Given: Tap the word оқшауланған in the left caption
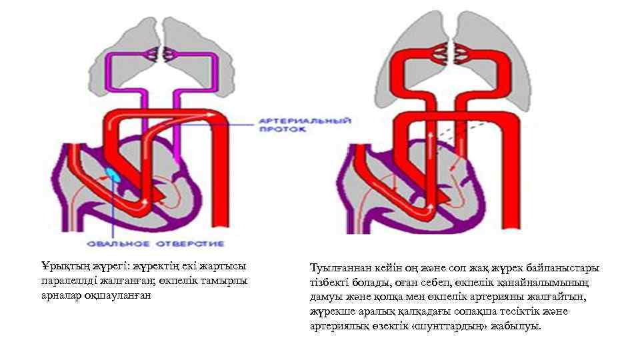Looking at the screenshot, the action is (x=122, y=295).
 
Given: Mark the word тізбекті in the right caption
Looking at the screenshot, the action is (x=331, y=283).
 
